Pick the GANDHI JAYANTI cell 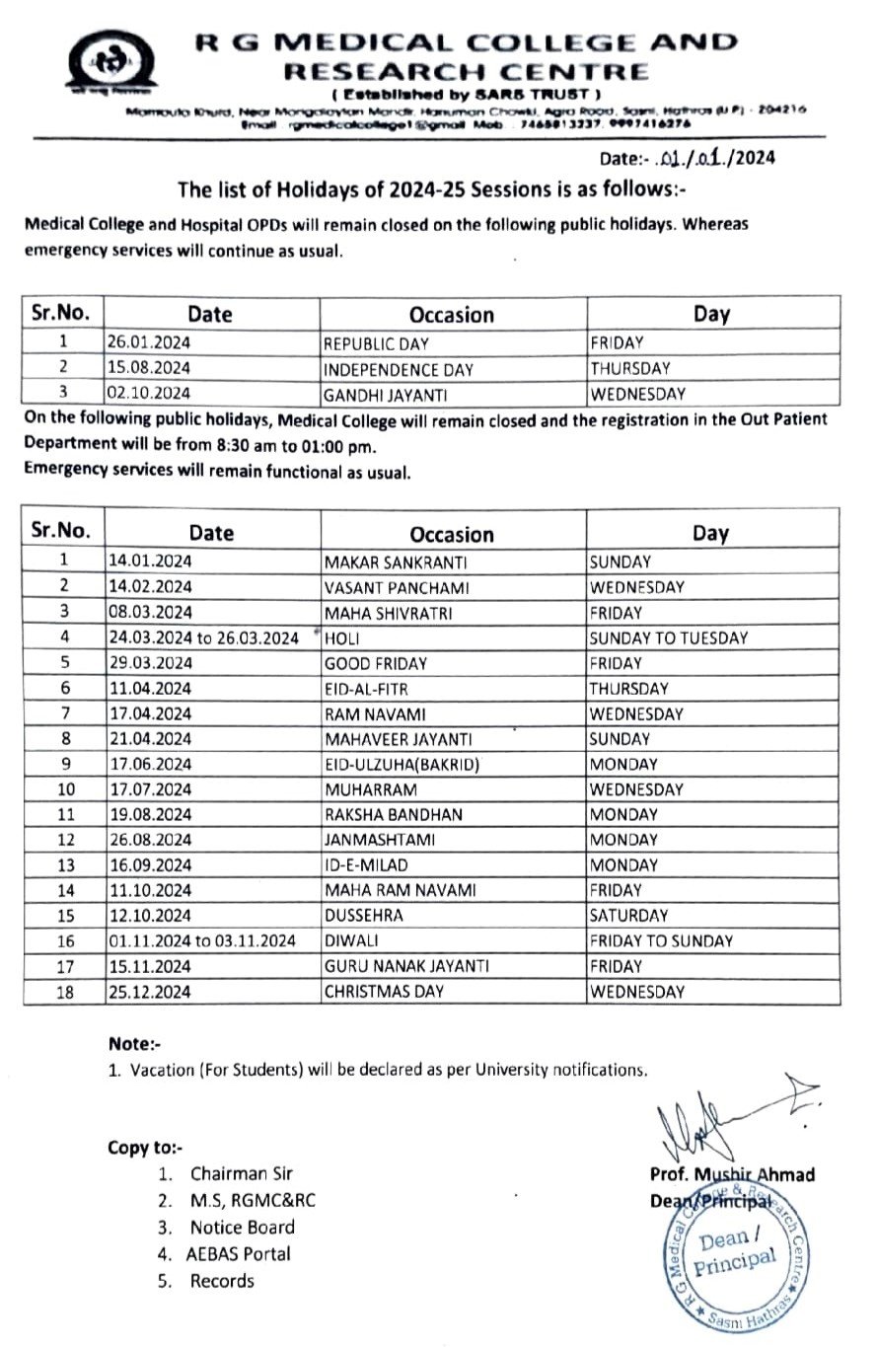[x=378, y=394]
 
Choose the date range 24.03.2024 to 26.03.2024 [x=203, y=638]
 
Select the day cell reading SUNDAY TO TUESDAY [x=668, y=638]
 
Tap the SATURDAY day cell [x=628, y=916]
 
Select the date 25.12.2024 [x=149, y=992]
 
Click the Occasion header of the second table [x=452, y=534]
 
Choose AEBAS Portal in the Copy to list [x=239, y=1254]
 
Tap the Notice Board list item [x=243, y=1228]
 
